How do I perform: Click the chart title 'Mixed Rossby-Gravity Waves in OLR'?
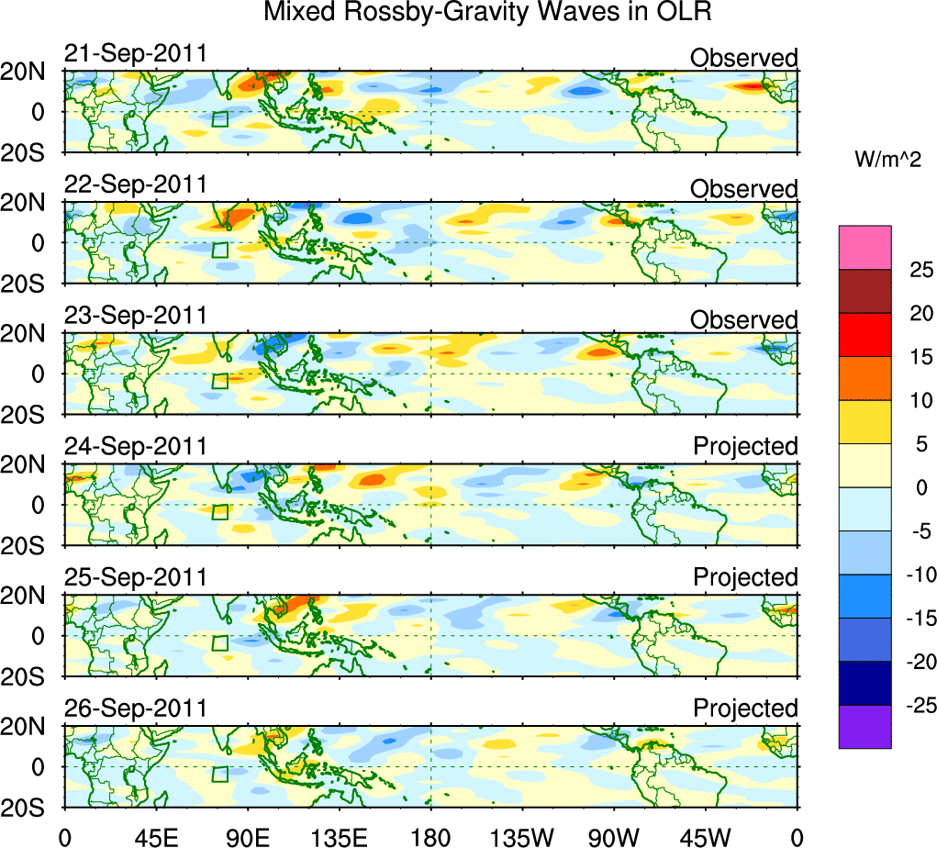point(487,13)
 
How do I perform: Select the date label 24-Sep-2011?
point(136,447)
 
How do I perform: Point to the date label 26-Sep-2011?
point(136,709)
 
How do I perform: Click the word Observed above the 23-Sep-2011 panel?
point(744,320)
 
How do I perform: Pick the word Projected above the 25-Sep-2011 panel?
point(745,578)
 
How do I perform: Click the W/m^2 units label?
point(888,160)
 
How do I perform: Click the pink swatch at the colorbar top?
point(864,248)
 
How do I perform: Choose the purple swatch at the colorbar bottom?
point(864,727)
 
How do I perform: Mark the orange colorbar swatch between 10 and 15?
point(864,378)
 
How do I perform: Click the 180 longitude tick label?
point(430,836)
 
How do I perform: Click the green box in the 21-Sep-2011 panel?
point(219,118)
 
